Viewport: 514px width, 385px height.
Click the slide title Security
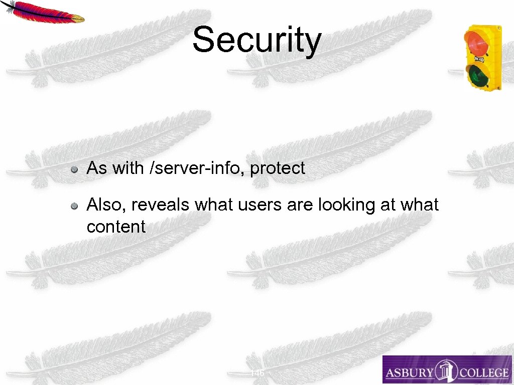256,41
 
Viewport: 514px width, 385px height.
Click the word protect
277,168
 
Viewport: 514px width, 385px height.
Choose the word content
116,227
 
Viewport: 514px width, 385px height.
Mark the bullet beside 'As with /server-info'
74,169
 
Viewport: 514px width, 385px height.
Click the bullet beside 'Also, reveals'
74,206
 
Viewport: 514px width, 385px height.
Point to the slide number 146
257,373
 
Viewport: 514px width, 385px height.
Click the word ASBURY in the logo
410,372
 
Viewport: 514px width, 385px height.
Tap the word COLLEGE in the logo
482,372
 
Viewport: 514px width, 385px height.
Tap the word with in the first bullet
128,168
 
